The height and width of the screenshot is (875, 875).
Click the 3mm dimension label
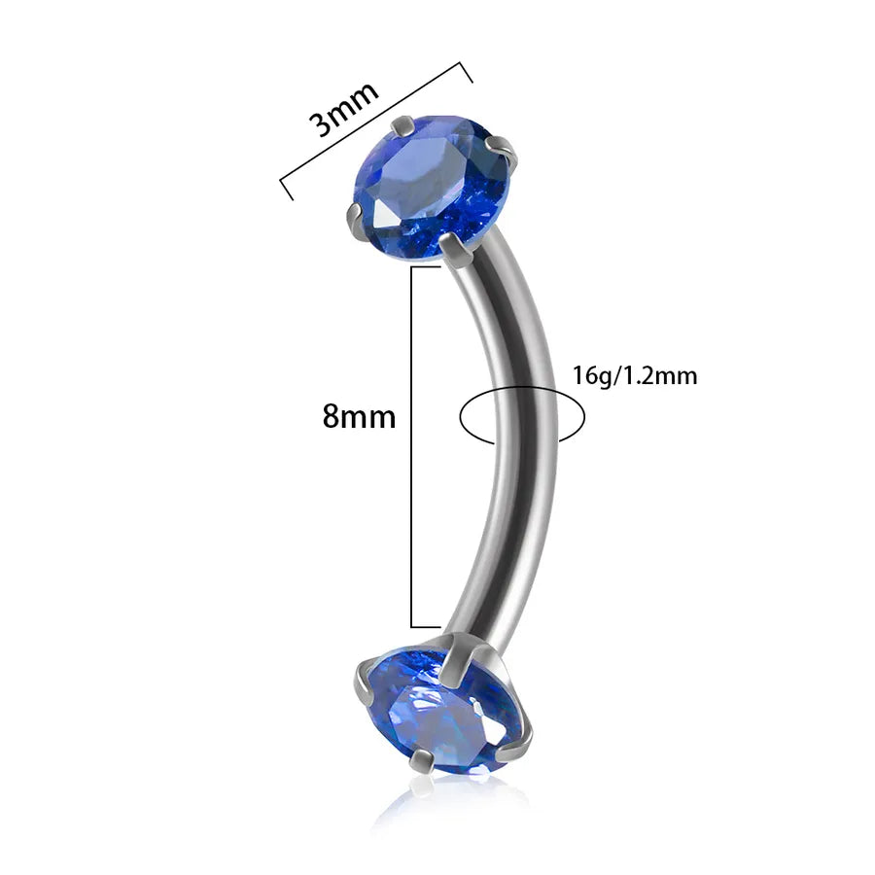tap(344, 110)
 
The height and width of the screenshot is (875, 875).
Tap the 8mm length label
tap(359, 416)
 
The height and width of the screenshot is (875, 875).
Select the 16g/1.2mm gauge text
tap(635, 375)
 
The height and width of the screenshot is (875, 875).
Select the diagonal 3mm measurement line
tap(376, 131)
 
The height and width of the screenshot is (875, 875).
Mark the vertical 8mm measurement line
tap(412, 447)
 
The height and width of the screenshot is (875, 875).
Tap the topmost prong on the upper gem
tap(402, 126)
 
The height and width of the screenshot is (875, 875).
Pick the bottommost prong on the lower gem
tap(423, 761)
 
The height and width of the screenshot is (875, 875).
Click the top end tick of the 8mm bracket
tap(426, 267)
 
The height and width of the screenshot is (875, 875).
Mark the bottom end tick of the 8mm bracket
tap(426, 627)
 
